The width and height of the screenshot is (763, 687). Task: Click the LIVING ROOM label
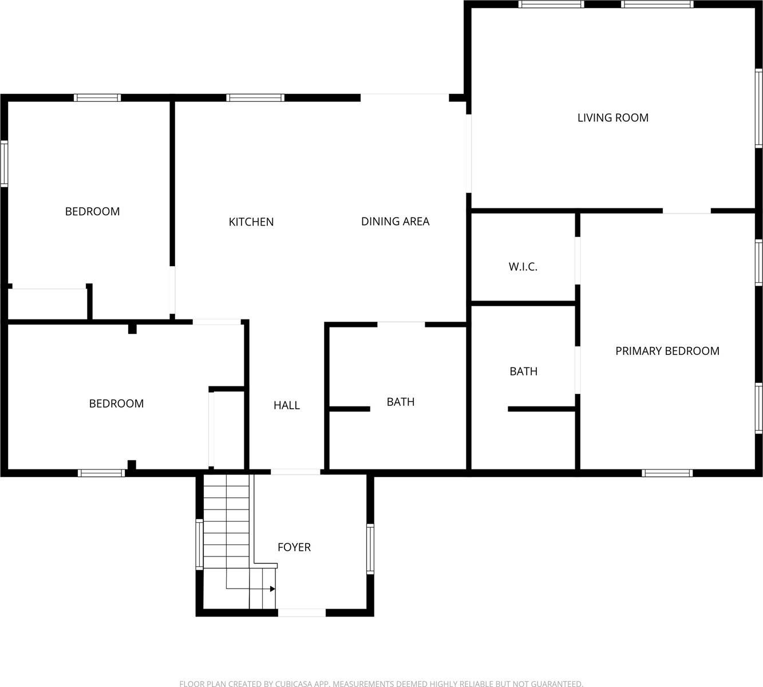pyautogui.click(x=612, y=118)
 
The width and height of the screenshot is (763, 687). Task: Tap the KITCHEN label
pyautogui.click(x=251, y=222)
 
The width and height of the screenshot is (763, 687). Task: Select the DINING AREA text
pyautogui.click(x=395, y=222)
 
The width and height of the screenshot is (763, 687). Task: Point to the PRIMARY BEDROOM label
pyautogui.click(x=667, y=351)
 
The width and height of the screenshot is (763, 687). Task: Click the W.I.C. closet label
pyautogui.click(x=523, y=267)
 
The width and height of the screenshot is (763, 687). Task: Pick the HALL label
pyautogui.click(x=287, y=405)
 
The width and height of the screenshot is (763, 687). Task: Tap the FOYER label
pyautogui.click(x=294, y=547)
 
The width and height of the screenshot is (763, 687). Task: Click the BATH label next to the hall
pyautogui.click(x=401, y=402)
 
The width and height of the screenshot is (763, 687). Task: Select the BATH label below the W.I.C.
pyautogui.click(x=523, y=372)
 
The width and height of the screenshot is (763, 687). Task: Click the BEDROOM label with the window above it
pyautogui.click(x=92, y=212)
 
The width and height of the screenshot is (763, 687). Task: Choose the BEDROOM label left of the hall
pyautogui.click(x=116, y=404)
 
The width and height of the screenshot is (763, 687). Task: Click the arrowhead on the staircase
pyautogui.click(x=272, y=589)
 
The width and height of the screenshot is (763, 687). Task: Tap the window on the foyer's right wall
pyautogui.click(x=370, y=548)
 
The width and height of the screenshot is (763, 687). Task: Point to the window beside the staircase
pyautogui.click(x=199, y=544)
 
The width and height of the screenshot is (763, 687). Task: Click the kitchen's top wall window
pyautogui.click(x=255, y=98)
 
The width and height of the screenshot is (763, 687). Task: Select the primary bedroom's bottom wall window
pyautogui.click(x=667, y=473)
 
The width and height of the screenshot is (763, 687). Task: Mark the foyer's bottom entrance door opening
pyautogui.click(x=302, y=613)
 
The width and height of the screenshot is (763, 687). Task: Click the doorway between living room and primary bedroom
pyautogui.click(x=686, y=211)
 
